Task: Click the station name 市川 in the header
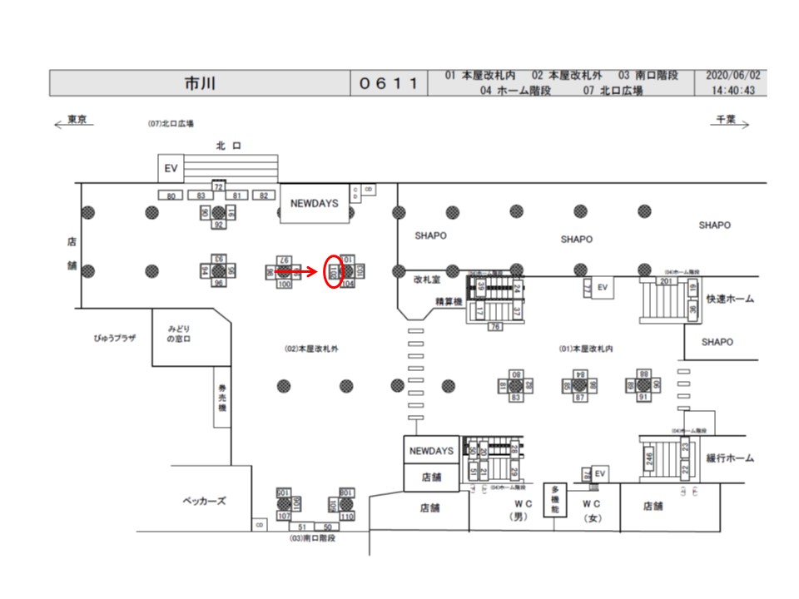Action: click(x=200, y=84)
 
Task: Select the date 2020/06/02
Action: click(x=733, y=76)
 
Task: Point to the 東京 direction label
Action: click(x=77, y=120)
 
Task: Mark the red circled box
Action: click(x=333, y=271)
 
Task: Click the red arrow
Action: click(x=296, y=271)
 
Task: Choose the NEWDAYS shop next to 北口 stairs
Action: click(x=315, y=203)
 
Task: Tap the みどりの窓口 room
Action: click(x=180, y=334)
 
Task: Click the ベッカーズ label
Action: click(x=204, y=502)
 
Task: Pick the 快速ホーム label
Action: click(x=729, y=299)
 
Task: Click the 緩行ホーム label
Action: click(x=729, y=458)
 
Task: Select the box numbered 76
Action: click(x=494, y=327)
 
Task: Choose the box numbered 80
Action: click(x=171, y=196)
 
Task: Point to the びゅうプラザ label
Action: click(x=114, y=339)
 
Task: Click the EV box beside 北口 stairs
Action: click(x=171, y=168)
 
